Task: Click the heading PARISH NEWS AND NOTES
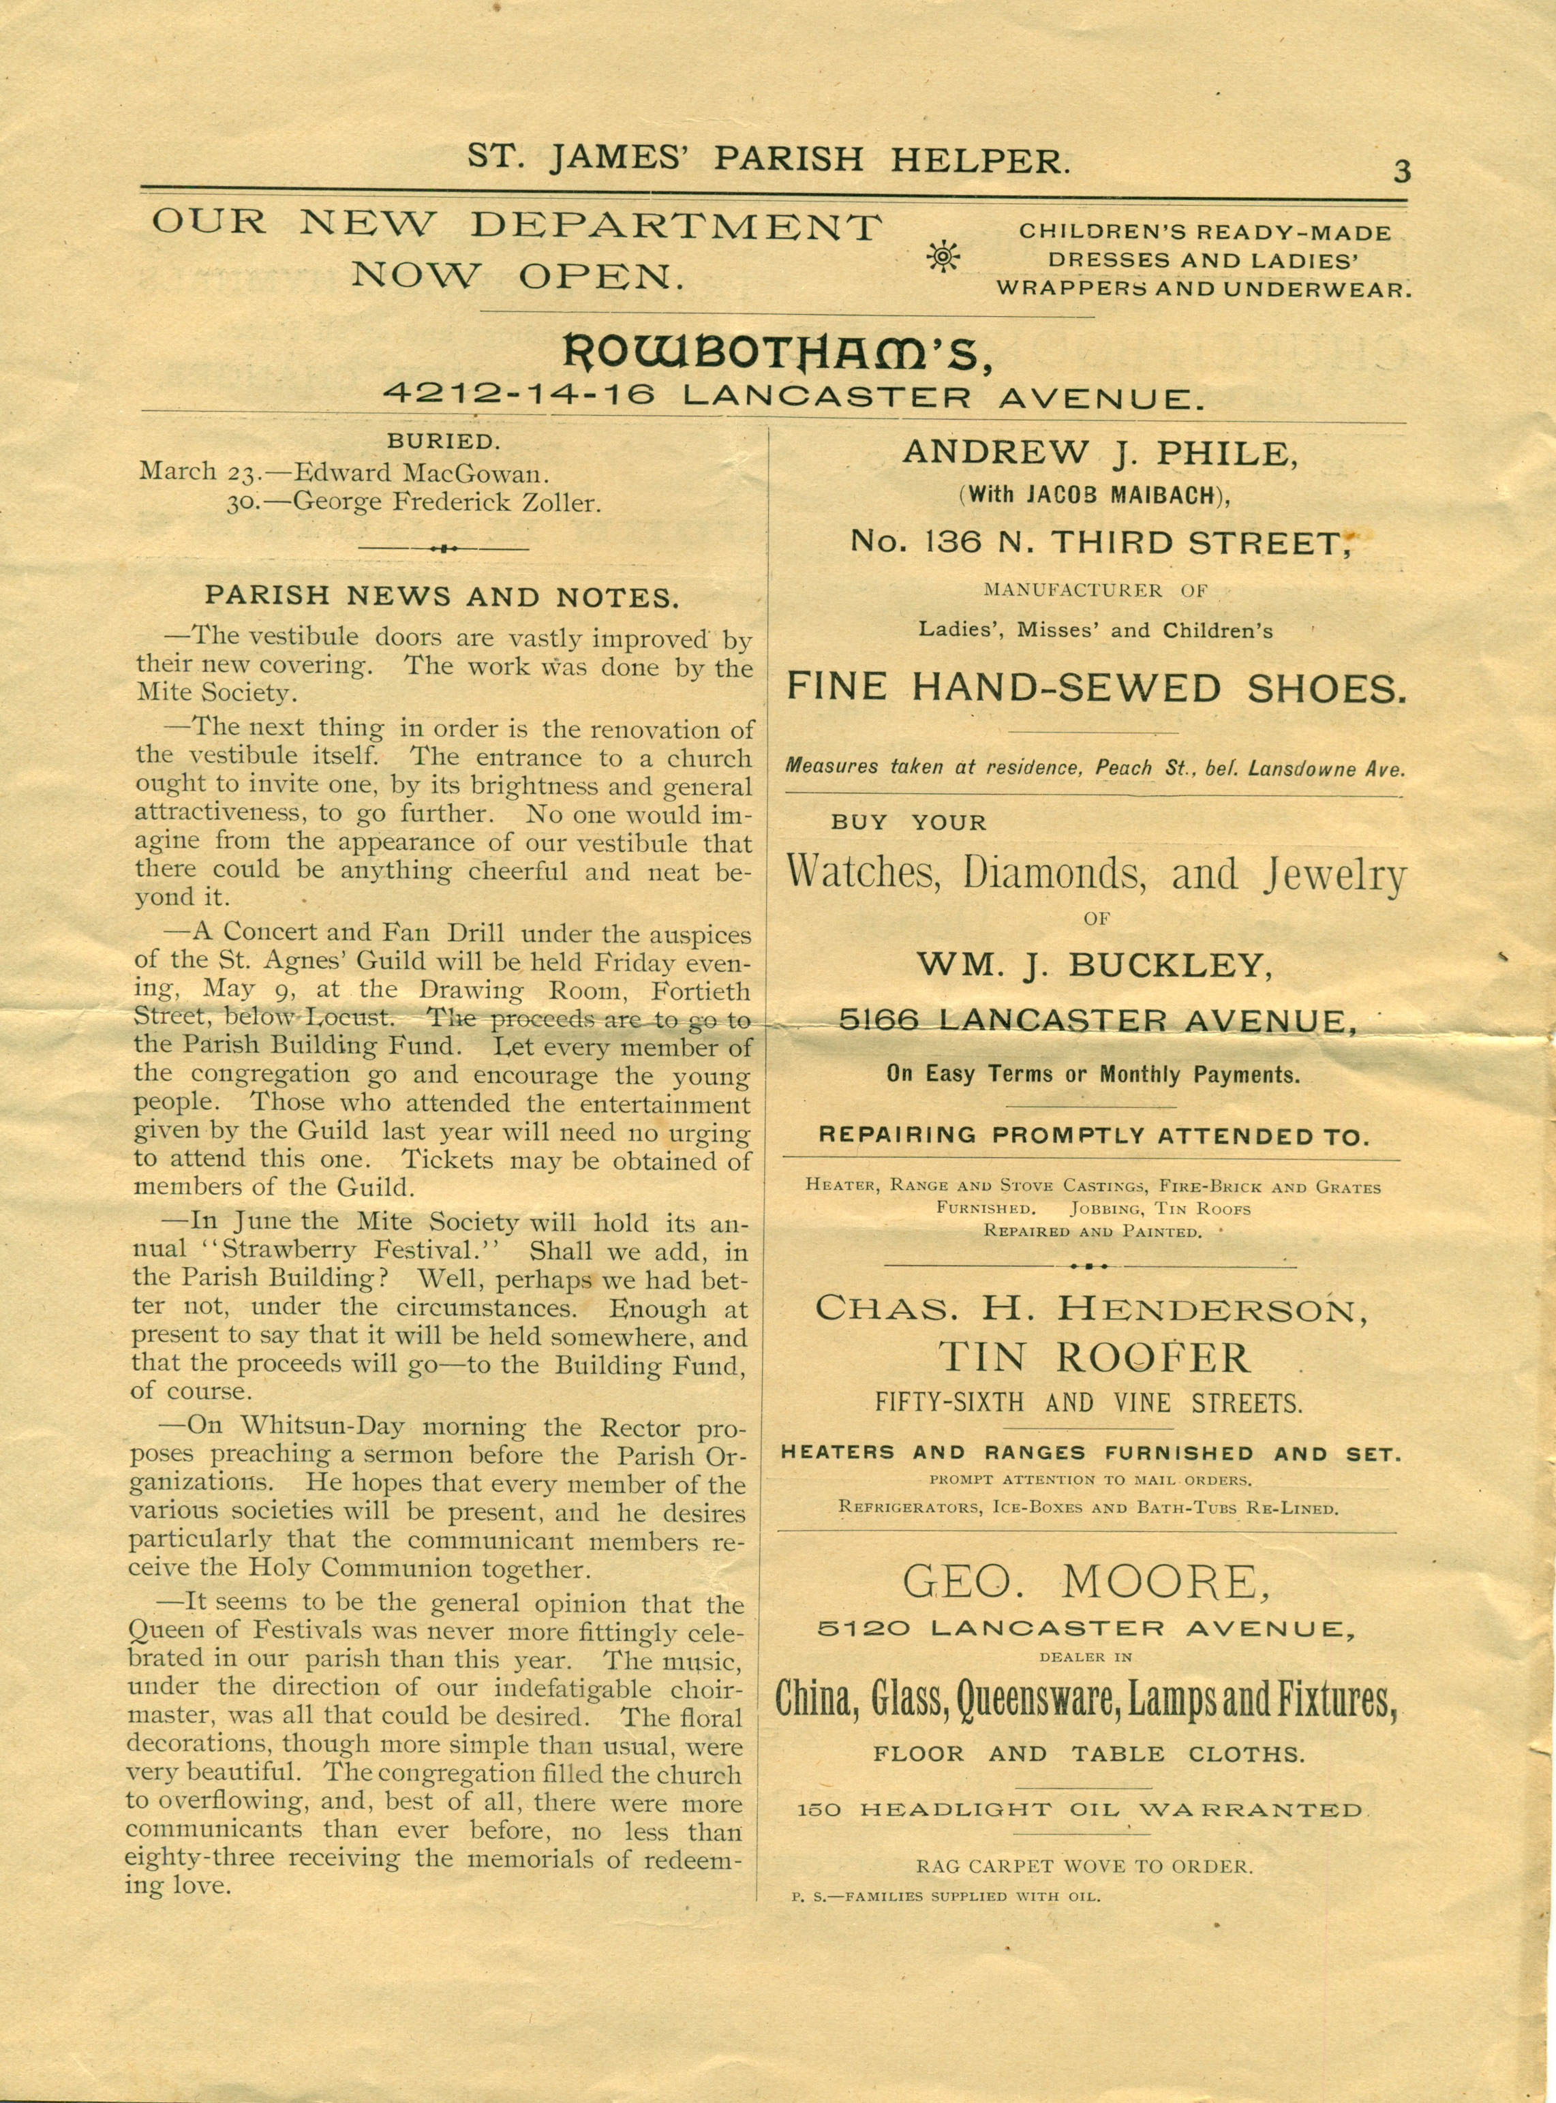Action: point(441,596)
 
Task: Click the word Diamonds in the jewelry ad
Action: point(1055,873)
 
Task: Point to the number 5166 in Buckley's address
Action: point(878,1020)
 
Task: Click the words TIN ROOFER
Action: point(1095,1358)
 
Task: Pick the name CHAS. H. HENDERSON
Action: point(1092,1308)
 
